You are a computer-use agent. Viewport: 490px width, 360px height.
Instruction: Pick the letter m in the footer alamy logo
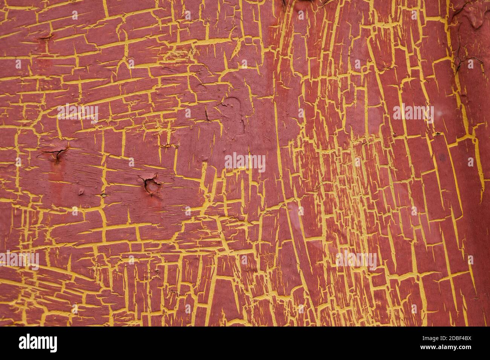pos(44,343)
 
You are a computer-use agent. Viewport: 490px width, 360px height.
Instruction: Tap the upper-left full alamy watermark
pos(78,112)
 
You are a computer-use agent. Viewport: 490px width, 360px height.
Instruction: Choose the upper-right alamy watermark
pos(413,112)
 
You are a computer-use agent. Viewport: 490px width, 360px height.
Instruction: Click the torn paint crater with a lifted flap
pos(152,185)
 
